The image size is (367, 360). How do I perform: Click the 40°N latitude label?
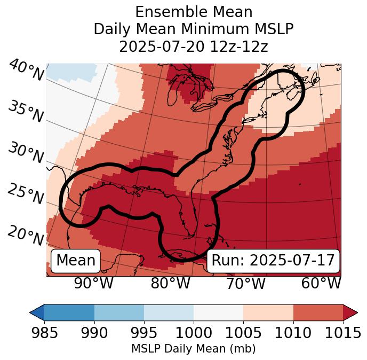point(26,71)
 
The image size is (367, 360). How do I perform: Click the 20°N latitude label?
point(26,235)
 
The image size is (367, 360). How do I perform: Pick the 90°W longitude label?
point(93,283)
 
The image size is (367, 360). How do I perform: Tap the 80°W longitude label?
point(170,283)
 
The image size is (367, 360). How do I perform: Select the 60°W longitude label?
point(321,283)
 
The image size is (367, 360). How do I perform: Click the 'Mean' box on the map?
point(76,261)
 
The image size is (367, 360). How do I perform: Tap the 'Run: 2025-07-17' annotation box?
point(273,261)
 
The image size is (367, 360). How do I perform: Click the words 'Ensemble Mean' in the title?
point(194,12)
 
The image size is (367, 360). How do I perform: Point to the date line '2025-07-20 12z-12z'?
point(194,46)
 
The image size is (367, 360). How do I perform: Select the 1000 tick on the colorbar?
point(194,333)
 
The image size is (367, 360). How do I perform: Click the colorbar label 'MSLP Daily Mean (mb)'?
point(194,349)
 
